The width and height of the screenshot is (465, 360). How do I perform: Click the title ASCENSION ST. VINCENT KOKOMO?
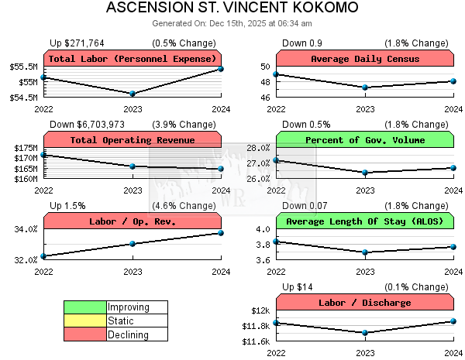[x=232, y=9]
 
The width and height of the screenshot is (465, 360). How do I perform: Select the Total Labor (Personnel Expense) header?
[x=133, y=59]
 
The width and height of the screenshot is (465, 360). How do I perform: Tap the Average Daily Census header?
[x=365, y=59]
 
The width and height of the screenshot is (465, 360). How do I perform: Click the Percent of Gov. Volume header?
[x=365, y=140]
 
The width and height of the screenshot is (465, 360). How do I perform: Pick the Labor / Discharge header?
[x=365, y=303]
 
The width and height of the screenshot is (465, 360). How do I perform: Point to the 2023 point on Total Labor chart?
[x=133, y=94]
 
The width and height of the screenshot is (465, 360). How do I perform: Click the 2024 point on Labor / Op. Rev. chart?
[x=221, y=233]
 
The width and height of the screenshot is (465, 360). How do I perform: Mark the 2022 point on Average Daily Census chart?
[x=277, y=74]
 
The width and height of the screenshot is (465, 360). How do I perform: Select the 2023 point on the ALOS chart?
[x=365, y=252]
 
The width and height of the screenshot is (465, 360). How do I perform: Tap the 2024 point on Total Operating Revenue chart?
[x=221, y=168]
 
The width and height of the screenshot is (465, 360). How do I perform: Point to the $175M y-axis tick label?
[x=26, y=148]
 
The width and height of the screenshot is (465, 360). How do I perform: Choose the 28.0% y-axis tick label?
[x=257, y=148]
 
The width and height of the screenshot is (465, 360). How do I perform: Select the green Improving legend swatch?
[x=85, y=307]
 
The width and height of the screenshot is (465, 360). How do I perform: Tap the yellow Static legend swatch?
[x=85, y=321]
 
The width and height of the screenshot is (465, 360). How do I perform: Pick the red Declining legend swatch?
[x=85, y=335]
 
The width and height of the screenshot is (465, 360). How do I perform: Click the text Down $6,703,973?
[x=88, y=125]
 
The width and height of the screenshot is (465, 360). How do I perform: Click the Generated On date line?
[x=232, y=23]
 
